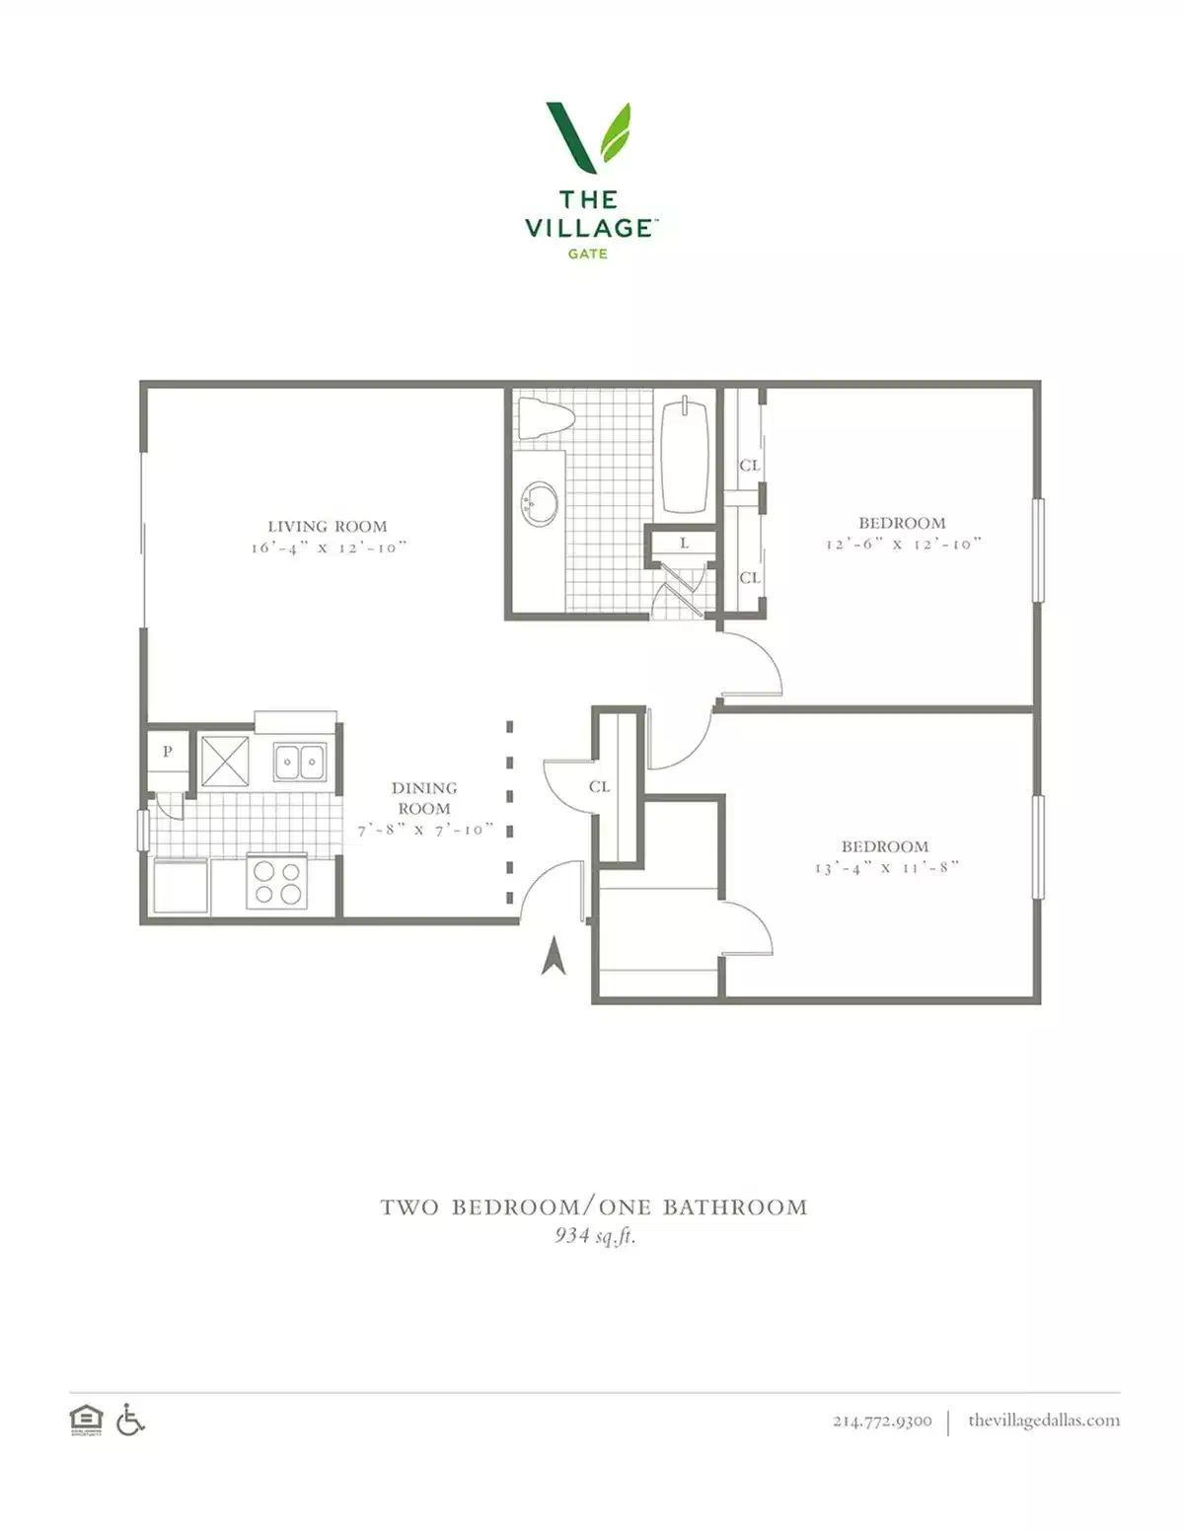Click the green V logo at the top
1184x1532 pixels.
click(588, 136)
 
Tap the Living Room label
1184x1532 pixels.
click(327, 527)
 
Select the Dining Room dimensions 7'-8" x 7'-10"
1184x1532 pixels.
click(425, 831)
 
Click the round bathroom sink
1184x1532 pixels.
click(540, 504)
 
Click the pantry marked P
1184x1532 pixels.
click(167, 752)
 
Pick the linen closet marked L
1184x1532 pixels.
click(684, 544)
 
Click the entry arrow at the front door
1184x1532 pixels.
click(554, 956)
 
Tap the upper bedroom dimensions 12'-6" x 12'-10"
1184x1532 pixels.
click(903, 545)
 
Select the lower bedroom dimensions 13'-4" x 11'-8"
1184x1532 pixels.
click(886, 868)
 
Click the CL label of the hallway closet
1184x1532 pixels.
click(599, 787)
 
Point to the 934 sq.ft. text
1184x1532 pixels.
click(594, 1235)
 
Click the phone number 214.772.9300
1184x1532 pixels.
click(881, 1422)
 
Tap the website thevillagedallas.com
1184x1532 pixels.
click(1043, 1421)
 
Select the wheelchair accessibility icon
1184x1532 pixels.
click(130, 1420)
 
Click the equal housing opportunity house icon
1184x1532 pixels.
click(86, 1421)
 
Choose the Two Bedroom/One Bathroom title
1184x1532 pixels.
click(594, 1207)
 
